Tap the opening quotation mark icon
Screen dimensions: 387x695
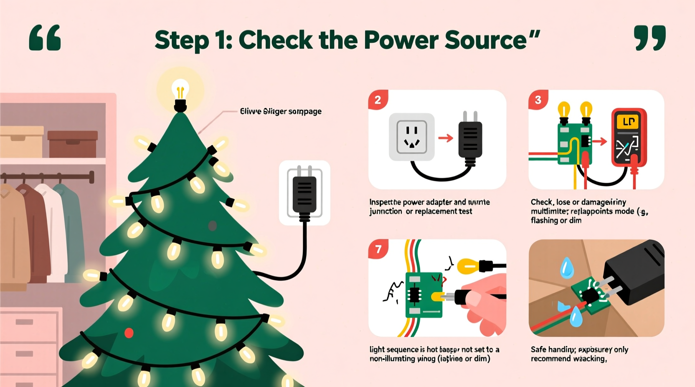45,38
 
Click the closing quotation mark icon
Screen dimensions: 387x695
649,38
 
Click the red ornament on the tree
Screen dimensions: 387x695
129,333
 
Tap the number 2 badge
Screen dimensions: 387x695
378,100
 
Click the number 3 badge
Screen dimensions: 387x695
538,100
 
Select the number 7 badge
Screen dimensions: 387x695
378,249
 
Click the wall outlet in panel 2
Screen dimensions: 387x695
411,137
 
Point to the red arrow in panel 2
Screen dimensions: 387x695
446,138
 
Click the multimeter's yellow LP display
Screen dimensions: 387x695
629,122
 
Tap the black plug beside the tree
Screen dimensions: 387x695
304,194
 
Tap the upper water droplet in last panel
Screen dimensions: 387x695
566,268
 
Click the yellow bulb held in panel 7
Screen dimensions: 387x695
469,265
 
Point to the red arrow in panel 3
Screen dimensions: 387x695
600,142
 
